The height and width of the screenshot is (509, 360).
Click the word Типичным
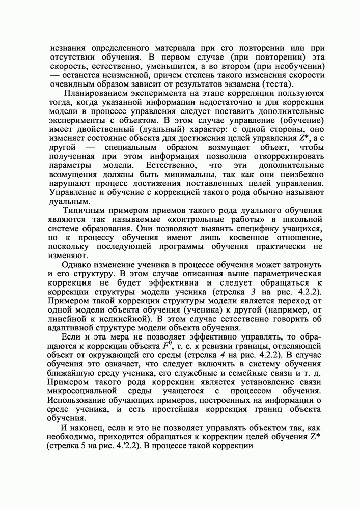83,211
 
